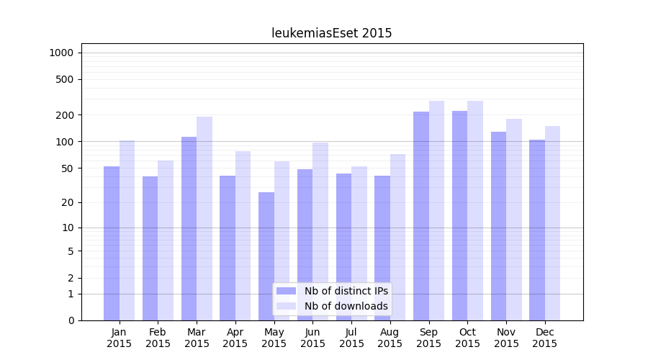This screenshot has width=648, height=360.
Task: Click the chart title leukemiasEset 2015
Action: (331, 33)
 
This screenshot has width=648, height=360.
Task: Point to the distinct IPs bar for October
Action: (459, 215)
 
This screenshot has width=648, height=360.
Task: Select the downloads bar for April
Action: (243, 235)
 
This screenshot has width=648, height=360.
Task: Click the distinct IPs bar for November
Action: (498, 226)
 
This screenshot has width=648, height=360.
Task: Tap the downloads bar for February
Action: (166, 240)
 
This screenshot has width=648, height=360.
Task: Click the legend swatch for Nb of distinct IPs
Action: (286, 291)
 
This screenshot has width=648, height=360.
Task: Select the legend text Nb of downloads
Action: (346, 306)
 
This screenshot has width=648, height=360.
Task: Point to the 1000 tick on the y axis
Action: (61, 53)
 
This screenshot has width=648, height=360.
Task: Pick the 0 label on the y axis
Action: (71, 320)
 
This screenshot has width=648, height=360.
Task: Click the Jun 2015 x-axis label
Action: (312, 338)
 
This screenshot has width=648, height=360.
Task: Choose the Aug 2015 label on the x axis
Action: (390, 338)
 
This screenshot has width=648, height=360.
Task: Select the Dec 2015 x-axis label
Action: (545, 338)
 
